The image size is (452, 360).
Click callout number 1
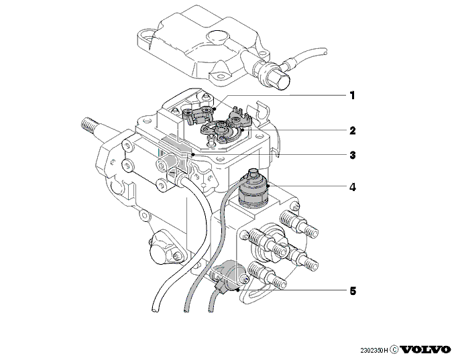coord(352,95)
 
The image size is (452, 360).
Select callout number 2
coord(353,131)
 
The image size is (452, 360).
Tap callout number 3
coord(353,155)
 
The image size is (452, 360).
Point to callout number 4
coord(353,187)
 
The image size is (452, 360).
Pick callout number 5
coord(353,291)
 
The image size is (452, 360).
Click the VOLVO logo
coord(425,350)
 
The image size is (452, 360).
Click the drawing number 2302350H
coord(374,351)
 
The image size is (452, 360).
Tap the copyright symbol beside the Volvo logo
coord(394,350)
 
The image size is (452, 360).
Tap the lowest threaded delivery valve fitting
coord(267,275)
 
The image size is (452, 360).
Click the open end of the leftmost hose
coord(155,310)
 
